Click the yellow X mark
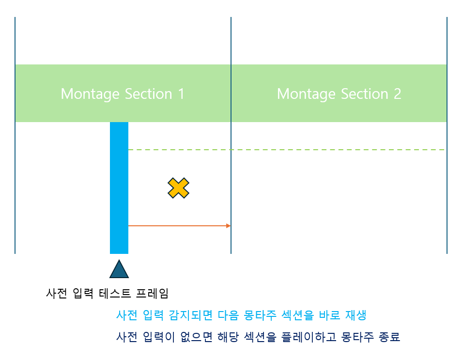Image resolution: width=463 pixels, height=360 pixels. click(178, 188)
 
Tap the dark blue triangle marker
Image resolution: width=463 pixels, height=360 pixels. click(119, 270)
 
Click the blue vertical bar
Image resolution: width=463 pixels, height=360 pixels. click(119, 188)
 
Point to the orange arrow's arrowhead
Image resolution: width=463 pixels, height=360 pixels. click(228, 225)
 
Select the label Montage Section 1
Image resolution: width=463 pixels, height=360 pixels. click(123, 94)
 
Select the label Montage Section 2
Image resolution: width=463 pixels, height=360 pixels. click(339, 94)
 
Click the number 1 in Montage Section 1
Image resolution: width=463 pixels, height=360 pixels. click(181, 94)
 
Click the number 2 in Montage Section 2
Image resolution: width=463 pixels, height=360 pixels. click(397, 94)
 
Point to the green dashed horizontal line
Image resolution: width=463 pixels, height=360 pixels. click(291, 150)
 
